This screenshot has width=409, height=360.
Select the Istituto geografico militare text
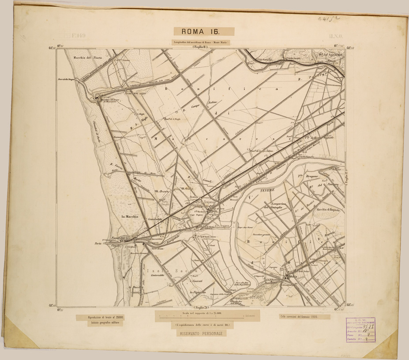pos(102,323)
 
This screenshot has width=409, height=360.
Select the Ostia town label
pos(293,277)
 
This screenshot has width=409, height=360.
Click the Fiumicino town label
pos(119,238)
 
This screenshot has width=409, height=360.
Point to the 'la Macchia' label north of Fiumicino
pos(130,216)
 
